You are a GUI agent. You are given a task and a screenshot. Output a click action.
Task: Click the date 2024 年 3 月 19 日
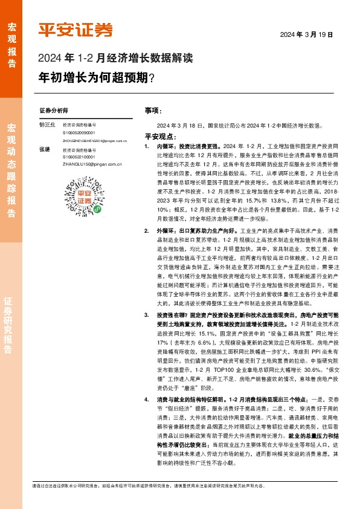pos(306,35)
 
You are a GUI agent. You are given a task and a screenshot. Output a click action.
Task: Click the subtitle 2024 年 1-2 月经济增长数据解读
pos(115,59)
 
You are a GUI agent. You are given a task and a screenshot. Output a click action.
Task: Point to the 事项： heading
pos(153,111)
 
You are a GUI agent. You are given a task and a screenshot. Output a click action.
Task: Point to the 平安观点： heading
pos(159,137)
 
